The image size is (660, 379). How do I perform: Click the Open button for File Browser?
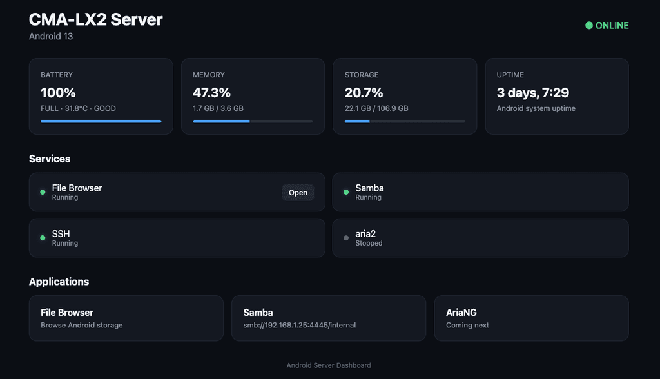point(298,193)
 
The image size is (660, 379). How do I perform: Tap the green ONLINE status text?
point(612,26)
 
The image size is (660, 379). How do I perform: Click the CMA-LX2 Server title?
point(95,20)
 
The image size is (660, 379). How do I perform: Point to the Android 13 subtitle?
point(51,37)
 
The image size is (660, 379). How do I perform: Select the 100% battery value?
point(58,93)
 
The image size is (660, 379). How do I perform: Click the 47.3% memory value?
point(211,93)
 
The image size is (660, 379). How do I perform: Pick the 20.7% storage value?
point(364,93)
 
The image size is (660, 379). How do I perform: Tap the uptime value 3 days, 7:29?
point(532,93)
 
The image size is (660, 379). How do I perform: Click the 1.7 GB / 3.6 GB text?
point(218,108)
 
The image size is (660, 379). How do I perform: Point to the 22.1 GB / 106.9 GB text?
point(376,108)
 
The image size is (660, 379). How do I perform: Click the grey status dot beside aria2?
point(346,238)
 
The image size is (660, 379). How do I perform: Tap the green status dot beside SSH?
point(43,238)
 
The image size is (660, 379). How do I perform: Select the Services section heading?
point(50,159)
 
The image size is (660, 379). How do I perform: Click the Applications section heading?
point(59,282)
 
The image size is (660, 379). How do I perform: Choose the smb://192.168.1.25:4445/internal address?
point(299,325)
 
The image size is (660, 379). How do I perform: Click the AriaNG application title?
point(461,313)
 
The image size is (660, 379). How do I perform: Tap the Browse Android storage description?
point(82,325)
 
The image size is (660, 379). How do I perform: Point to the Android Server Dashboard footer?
point(329,365)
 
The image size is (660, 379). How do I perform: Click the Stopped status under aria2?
point(369,243)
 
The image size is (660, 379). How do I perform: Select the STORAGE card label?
point(362,75)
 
